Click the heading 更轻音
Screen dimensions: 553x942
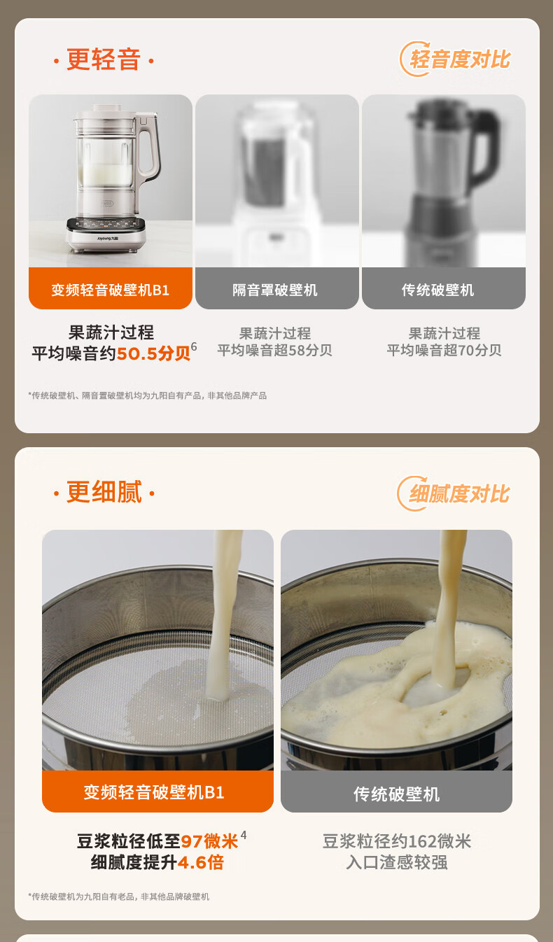click(104, 59)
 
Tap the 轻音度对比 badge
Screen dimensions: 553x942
click(456, 59)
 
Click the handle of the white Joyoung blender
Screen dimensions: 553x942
click(148, 146)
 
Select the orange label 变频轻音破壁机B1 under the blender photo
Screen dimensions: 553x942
click(110, 289)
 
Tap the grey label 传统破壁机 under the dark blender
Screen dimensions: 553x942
click(443, 289)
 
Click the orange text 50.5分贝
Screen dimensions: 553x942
click(153, 353)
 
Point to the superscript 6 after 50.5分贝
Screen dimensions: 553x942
click(194, 346)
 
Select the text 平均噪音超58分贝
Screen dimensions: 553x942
click(274, 350)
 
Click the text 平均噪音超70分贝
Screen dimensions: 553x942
click(444, 350)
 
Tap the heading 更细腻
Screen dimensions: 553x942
click(104, 491)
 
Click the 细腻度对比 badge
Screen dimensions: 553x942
click(454, 493)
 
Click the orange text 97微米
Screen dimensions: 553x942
click(209, 841)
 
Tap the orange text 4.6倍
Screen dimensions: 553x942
click(201, 862)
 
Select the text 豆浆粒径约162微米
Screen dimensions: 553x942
click(397, 841)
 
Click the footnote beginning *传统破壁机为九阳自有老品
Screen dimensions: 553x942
click(118, 897)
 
